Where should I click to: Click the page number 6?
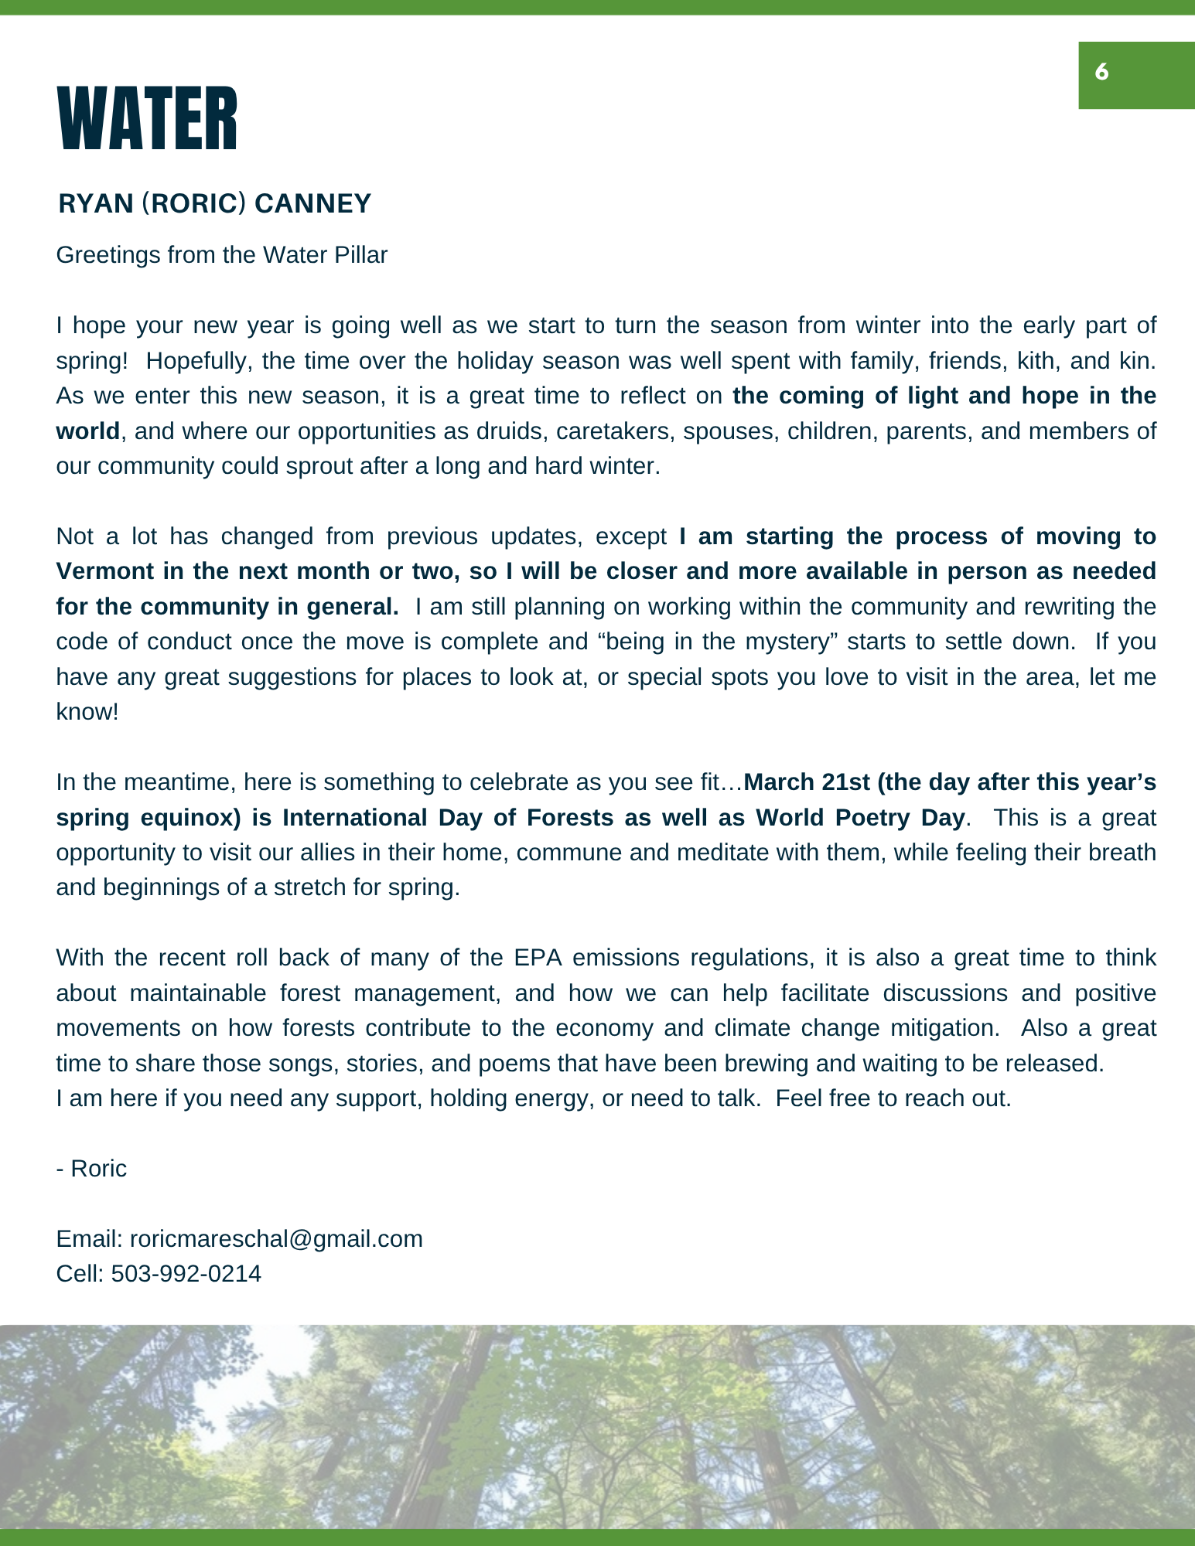[x=1102, y=73]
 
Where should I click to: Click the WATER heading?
[x=147, y=120]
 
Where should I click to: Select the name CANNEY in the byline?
[x=312, y=204]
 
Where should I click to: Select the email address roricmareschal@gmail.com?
[x=276, y=1239]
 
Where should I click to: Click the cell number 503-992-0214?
[x=186, y=1274]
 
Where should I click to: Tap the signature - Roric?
[x=91, y=1169]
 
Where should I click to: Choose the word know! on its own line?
[x=87, y=712]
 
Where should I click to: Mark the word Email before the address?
[x=88, y=1239]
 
